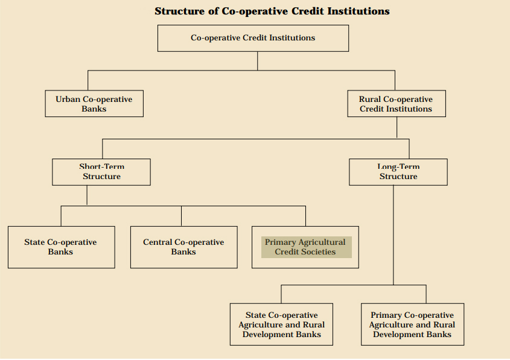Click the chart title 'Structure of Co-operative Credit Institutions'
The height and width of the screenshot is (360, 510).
[x=272, y=11]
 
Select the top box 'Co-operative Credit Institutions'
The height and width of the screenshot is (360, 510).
[x=253, y=38]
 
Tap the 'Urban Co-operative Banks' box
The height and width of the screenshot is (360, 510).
[x=94, y=104]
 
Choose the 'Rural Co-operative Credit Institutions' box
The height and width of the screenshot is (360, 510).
[x=397, y=104]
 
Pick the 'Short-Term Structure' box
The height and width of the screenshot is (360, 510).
[x=101, y=172]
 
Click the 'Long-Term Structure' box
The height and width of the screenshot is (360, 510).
[x=398, y=172]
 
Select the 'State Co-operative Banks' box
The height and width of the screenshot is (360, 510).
[x=62, y=247]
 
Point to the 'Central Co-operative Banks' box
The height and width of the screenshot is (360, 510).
[x=183, y=247]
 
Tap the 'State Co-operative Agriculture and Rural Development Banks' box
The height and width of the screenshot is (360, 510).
[x=281, y=324]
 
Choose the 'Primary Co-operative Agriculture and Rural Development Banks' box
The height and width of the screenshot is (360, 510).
[x=412, y=324]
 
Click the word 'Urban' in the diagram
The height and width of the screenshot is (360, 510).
[x=68, y=99]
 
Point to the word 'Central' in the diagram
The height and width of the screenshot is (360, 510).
[x=158, y=242]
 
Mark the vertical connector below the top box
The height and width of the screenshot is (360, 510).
[x=257, y=61]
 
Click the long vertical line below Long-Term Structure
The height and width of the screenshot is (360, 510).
[x=394, y=235]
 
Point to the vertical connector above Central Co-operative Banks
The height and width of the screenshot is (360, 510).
[x=182, y=216]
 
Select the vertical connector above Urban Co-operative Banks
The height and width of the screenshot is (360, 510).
[x=88, y=80]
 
